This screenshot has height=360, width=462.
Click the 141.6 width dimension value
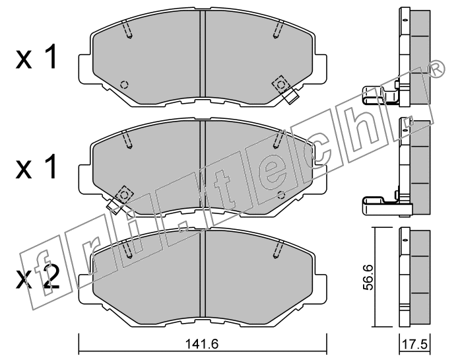(202, 343)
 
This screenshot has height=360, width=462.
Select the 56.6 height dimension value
(368, 277)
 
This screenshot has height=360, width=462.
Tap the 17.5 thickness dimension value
(414, 344)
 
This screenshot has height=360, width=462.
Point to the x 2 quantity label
(38, 277)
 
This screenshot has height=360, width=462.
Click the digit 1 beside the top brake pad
(49, 57)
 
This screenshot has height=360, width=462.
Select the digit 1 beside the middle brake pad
(49, 166)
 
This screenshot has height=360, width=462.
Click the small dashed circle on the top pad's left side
(124, 85)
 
